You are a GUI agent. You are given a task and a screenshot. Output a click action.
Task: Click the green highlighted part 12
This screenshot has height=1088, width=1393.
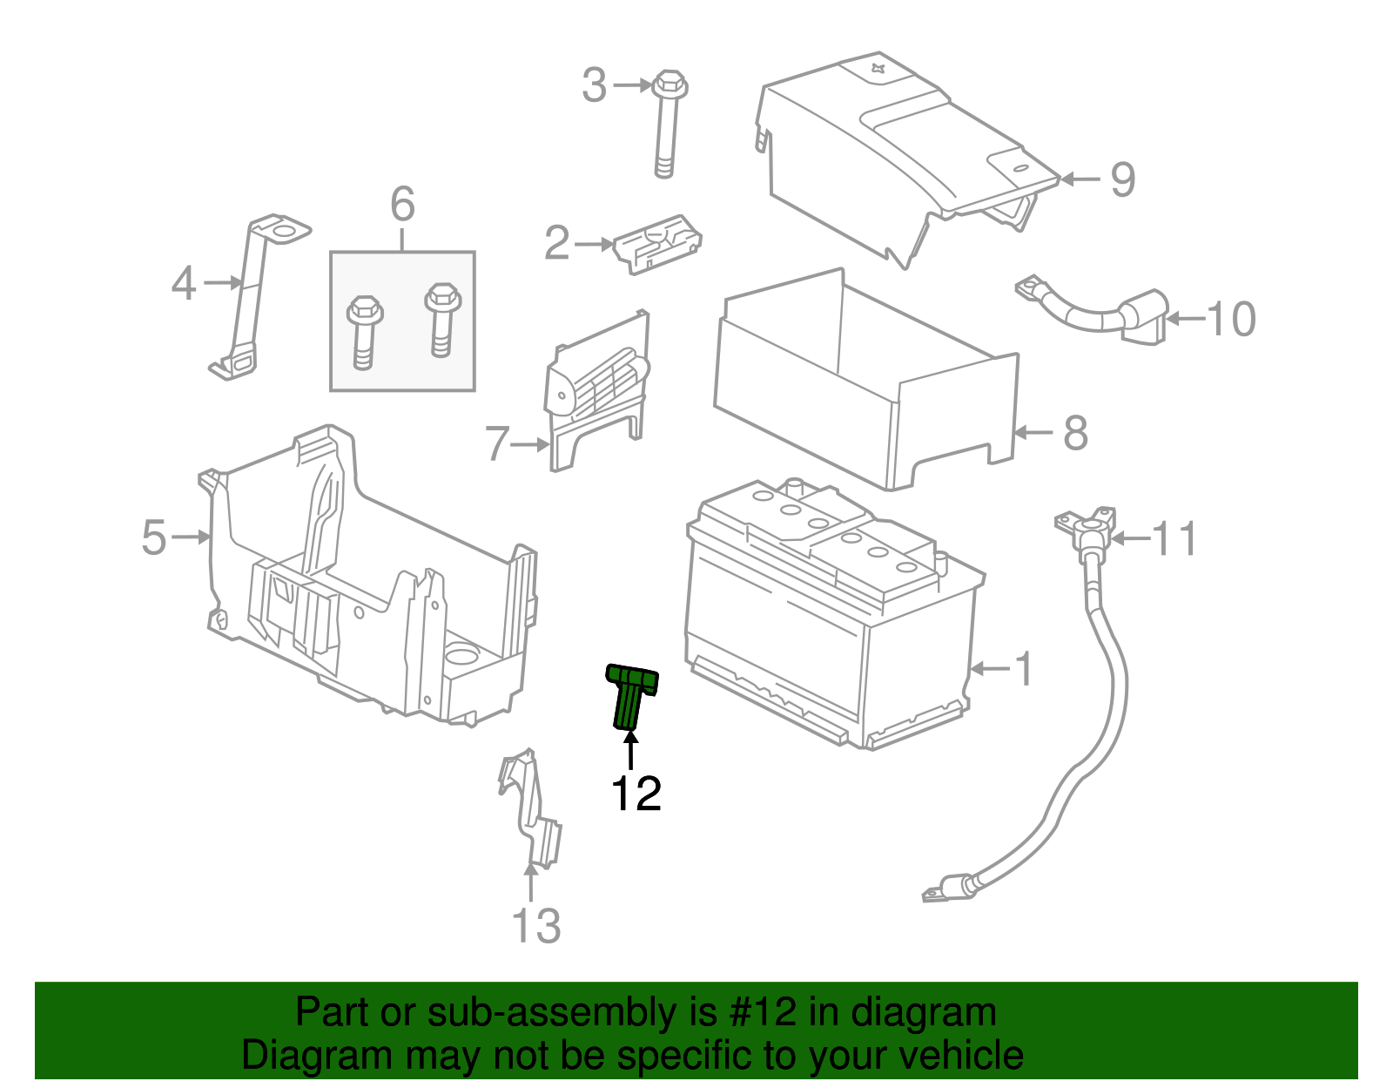(630, 695)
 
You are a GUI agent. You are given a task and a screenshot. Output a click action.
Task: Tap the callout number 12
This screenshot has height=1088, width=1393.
(636, 794)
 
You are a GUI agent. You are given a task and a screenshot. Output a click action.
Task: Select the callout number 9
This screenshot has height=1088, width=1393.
(1122, 179)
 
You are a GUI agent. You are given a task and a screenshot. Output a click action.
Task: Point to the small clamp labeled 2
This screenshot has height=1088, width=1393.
(658, 244)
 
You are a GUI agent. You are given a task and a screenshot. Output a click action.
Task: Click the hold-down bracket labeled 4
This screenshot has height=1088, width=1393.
(248, 296)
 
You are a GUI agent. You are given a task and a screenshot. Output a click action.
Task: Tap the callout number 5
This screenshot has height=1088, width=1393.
(153, 537)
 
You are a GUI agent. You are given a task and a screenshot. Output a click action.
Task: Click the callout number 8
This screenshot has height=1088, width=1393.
(1075, 432)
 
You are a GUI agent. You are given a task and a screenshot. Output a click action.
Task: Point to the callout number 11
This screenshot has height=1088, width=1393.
(1174, 538)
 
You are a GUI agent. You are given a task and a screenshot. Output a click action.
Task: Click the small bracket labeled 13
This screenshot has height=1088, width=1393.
(531, 810)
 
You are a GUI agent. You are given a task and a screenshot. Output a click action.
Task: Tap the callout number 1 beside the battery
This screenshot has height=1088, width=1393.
(1025, 669)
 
